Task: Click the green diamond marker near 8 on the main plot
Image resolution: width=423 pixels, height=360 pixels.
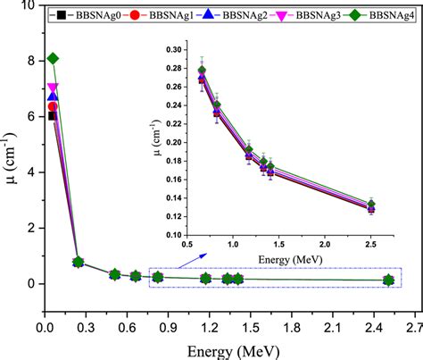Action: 53,59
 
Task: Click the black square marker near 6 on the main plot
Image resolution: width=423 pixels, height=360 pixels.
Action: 52,115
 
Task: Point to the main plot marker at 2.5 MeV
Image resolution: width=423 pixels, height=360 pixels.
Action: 388,280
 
